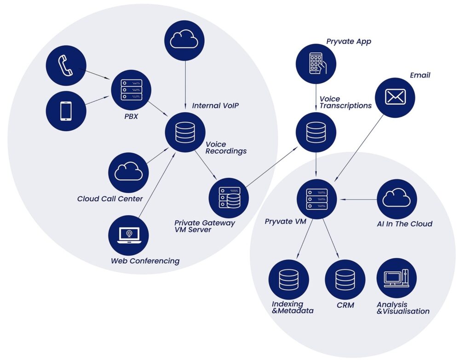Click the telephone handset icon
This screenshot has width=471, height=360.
(x=66, y=66)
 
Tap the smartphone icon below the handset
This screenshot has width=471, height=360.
(x=66, y=111)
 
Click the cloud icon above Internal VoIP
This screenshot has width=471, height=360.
(x=184, y=40)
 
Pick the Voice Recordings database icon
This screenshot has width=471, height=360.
(x=185, y=132)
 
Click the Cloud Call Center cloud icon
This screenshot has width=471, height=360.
(x=128, y=172)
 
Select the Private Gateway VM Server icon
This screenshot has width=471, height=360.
(x=229, y=198)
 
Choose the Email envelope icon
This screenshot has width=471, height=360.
(x=395, y=97)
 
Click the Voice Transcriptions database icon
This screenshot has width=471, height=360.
(x=316, y=132)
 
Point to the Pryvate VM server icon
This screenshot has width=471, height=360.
(x=316, y=199)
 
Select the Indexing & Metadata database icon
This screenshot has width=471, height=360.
(x=288, y=280)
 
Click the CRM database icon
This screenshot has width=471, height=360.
(x=345, y=280)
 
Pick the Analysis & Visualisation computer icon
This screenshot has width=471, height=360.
(x=396, y=278)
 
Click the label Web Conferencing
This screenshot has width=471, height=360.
(x=145, y=261)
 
